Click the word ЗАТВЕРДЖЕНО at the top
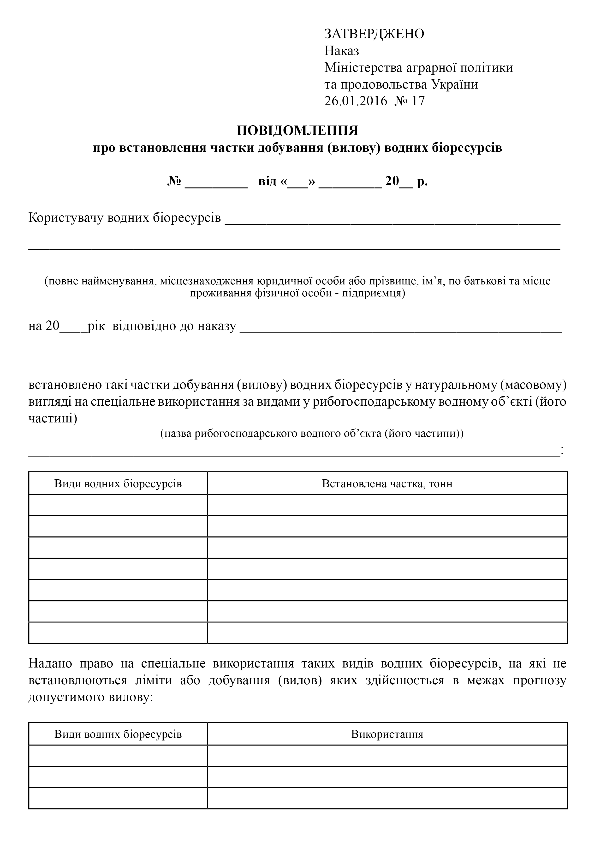point(374,34)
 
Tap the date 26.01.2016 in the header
point(355,101)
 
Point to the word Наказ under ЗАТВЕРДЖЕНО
point(341,51)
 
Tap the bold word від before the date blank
point(267,181)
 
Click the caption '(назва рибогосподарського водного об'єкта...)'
point(312,433)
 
